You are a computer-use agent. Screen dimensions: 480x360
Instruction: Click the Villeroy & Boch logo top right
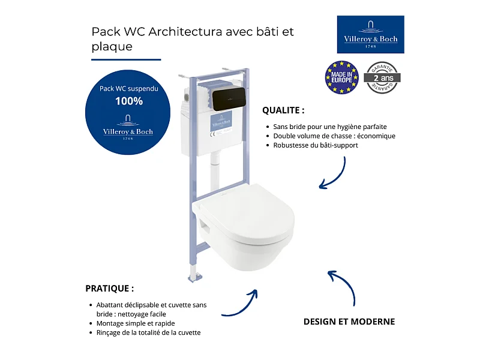tap(370, 34)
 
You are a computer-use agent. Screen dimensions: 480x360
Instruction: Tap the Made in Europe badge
tap(341, 77)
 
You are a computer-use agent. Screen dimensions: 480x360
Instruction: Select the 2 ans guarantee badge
tap(383, 77)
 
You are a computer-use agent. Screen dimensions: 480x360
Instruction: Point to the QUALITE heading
tap(283, 110)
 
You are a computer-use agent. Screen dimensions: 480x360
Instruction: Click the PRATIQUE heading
tap(109, 288)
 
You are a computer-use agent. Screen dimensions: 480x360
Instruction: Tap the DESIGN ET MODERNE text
tap(349, 322)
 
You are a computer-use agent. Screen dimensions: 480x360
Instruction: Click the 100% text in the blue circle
tap(129, 101)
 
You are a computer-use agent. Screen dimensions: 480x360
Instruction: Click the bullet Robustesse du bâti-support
tap(316, 145)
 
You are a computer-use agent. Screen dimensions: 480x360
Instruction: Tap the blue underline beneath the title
tap(126, 59)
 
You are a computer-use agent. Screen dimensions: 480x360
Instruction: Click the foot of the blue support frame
tap(195, 277)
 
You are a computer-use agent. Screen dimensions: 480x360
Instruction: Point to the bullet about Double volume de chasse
tap(334, 136)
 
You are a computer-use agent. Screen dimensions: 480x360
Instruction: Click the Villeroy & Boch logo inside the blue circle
tap(128, 131)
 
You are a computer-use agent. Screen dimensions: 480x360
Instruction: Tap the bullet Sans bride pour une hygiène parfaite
tap(330, 127)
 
